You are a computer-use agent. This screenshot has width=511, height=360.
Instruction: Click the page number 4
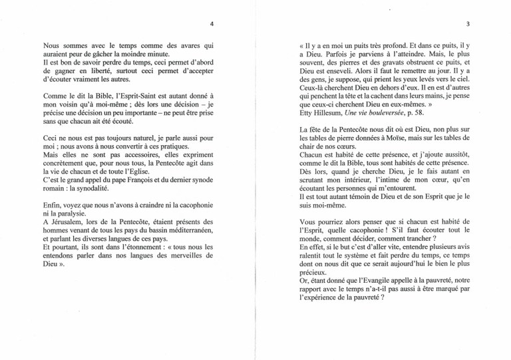point(211,25)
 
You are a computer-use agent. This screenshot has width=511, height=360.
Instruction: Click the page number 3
point(468,25)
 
